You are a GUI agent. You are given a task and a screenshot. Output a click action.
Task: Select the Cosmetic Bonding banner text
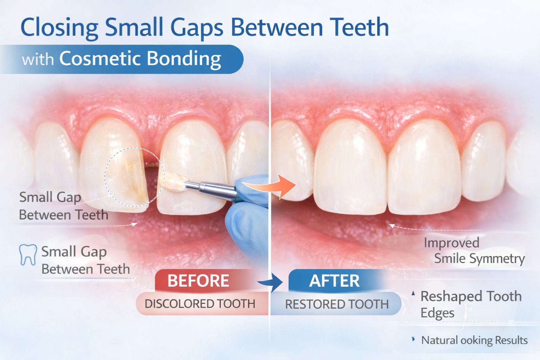coord(140,59)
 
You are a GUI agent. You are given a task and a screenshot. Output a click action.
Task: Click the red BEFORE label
coord(198,281)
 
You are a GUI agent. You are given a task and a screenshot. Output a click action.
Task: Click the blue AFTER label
coord(334,281)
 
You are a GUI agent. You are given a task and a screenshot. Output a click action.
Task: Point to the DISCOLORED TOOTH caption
coord(200,304)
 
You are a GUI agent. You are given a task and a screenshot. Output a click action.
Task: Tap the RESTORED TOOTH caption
coord(337,304)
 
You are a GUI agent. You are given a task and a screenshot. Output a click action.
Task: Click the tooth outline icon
coord(28,255)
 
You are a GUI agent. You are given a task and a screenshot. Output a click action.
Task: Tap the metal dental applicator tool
coord(211,188)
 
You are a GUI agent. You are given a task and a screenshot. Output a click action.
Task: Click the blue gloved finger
coord(246,225)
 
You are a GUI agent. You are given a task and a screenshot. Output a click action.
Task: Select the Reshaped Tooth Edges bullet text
coord(470,304)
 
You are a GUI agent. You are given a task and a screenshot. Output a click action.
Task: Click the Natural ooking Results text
coord(474,340)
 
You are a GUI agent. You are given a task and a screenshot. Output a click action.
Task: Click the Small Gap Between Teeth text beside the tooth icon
coord(85,260)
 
